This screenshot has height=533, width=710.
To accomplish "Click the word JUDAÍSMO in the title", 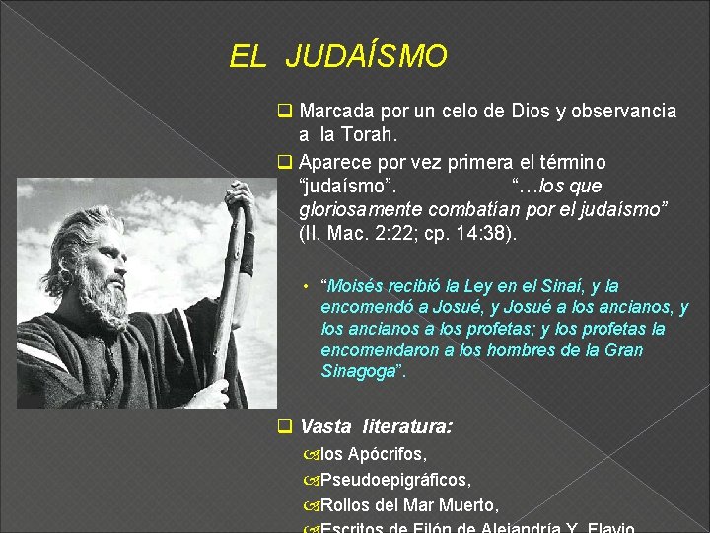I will click(x=366, y=57).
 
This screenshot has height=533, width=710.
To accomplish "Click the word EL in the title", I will click(x=248, y=57).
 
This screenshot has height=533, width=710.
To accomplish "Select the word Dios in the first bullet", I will click(x=532, y=111).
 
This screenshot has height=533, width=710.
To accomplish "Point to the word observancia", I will click(x=622, y=111).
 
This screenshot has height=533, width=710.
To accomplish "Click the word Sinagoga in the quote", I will click(x=361, y=372).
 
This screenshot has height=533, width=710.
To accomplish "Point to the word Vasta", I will click(x=325, y=427).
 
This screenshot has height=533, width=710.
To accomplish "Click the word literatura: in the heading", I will click(x=408, y=427).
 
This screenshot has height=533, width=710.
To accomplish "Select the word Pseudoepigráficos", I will click(x=395, y=480).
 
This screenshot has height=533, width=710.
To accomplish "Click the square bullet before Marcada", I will click(x=285, y=111).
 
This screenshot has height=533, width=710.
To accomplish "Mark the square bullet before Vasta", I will click(x=285, y=427).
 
